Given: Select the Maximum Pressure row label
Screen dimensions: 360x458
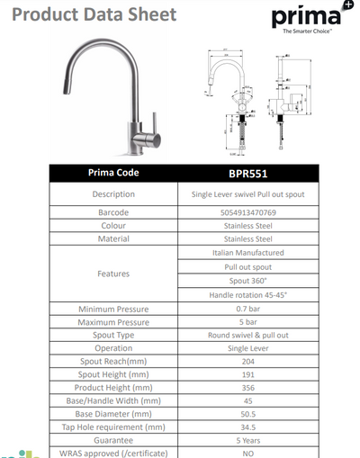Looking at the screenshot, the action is click(113, 322).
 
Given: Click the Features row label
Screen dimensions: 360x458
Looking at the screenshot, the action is click(113, 274).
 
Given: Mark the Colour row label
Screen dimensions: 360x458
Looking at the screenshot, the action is click(113, 225).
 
